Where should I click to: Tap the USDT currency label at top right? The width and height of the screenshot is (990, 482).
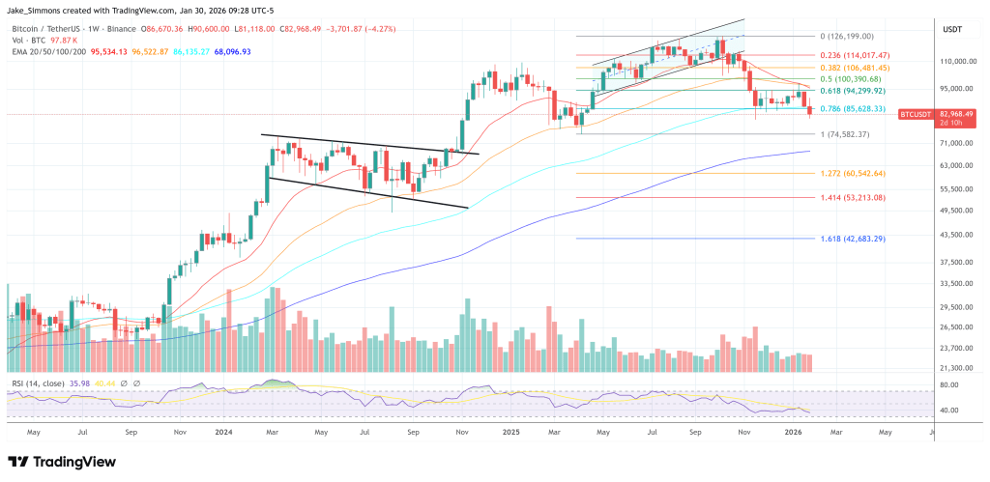tap(952, 30)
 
